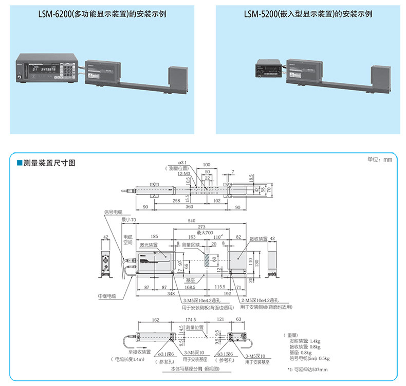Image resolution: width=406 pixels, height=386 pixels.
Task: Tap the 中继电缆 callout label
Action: (x=106, y=296)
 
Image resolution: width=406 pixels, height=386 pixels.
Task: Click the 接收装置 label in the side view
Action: (x=259, y=239)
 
